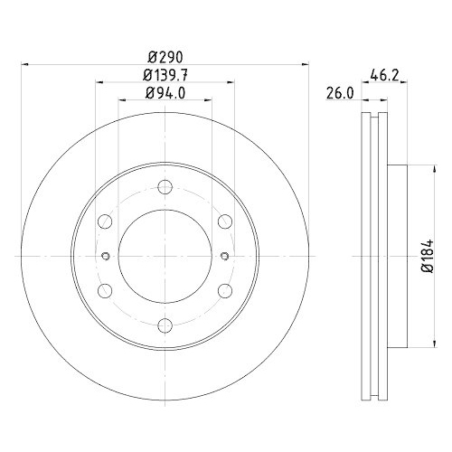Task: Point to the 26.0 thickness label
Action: point(339,92)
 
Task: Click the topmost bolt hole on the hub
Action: point(164,188)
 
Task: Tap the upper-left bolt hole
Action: point(104,222)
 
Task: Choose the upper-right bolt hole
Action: point(223,222)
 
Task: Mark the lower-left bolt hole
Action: point(104,290)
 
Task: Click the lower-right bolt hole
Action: point(223,290)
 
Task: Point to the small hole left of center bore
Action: point(106,256)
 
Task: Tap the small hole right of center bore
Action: point(221,256)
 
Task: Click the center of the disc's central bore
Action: point(164,257)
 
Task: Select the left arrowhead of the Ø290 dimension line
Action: point(25,64)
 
